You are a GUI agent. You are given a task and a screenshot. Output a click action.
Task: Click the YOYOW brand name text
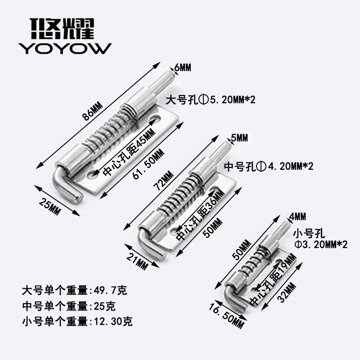65,49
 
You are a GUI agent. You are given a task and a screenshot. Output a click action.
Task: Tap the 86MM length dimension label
93,112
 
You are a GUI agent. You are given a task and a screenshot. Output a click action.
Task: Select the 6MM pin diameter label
183,68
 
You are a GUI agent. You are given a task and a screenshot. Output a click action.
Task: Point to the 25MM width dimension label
49,207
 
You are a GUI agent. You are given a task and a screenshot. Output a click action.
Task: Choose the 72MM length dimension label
164,180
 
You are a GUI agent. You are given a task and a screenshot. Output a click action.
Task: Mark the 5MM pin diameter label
239,138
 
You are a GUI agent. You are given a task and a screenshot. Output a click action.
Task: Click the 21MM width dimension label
137,261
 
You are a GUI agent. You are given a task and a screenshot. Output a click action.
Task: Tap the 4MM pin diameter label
297,216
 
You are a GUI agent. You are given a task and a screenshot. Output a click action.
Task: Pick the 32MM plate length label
287,293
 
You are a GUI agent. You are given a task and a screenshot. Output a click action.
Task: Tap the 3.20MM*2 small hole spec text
321,244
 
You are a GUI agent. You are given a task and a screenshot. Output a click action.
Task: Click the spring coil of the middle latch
180,195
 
